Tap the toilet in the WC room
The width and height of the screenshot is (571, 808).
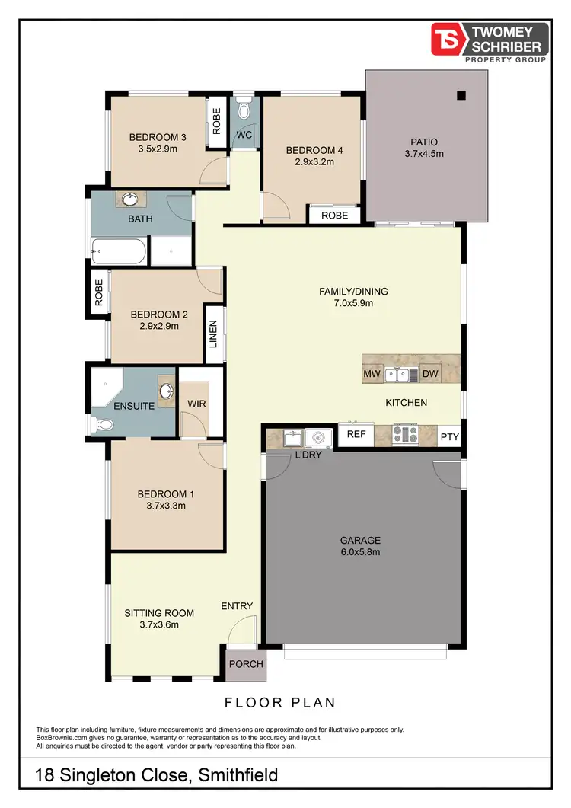coord(244,111)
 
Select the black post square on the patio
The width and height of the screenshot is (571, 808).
coord(461,96)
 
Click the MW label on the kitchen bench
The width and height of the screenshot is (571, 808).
coord(372,374)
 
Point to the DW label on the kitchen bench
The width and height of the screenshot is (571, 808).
coord(429,374)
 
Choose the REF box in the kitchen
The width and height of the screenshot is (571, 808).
coord(356,434)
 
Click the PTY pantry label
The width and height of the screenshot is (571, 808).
coord(449,436)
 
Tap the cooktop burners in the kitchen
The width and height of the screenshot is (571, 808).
coord(404,435)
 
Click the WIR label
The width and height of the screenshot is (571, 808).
coord(196,404)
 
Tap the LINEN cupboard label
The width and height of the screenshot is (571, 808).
coord(214,334)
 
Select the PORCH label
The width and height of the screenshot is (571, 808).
coord(245,664)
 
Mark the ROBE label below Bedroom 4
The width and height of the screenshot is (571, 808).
coord(334,216)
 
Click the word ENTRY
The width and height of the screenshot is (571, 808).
coord(237,606)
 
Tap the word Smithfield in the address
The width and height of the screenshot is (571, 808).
coord(238,776)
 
